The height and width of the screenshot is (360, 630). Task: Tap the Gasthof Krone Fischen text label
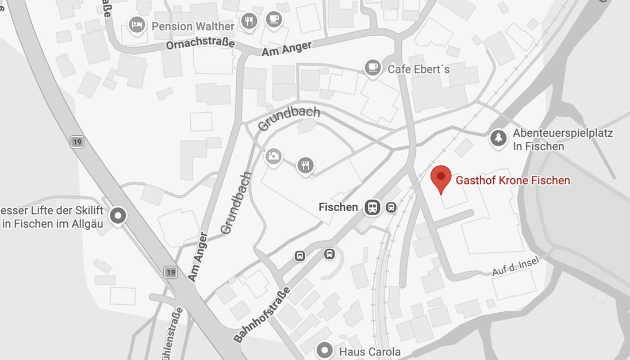513,181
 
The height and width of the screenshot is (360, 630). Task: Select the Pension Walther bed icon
136,25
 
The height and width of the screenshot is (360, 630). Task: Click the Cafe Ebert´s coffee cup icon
373,68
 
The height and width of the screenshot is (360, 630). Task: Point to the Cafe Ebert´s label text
418,69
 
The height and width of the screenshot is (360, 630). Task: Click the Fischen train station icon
372,208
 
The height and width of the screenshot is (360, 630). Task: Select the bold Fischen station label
338,207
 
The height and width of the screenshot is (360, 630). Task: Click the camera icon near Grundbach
274,156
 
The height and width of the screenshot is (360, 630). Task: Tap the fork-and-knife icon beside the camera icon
305,166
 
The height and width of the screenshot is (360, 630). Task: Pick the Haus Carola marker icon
325,350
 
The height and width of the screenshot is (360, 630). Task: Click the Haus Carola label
370,351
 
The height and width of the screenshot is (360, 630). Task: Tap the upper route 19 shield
76,141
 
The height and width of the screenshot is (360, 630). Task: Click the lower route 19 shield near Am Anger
170,272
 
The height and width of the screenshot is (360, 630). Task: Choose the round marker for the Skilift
119,216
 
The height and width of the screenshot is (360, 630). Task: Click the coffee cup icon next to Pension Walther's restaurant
274,20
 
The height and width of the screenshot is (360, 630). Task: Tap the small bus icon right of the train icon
391,207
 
